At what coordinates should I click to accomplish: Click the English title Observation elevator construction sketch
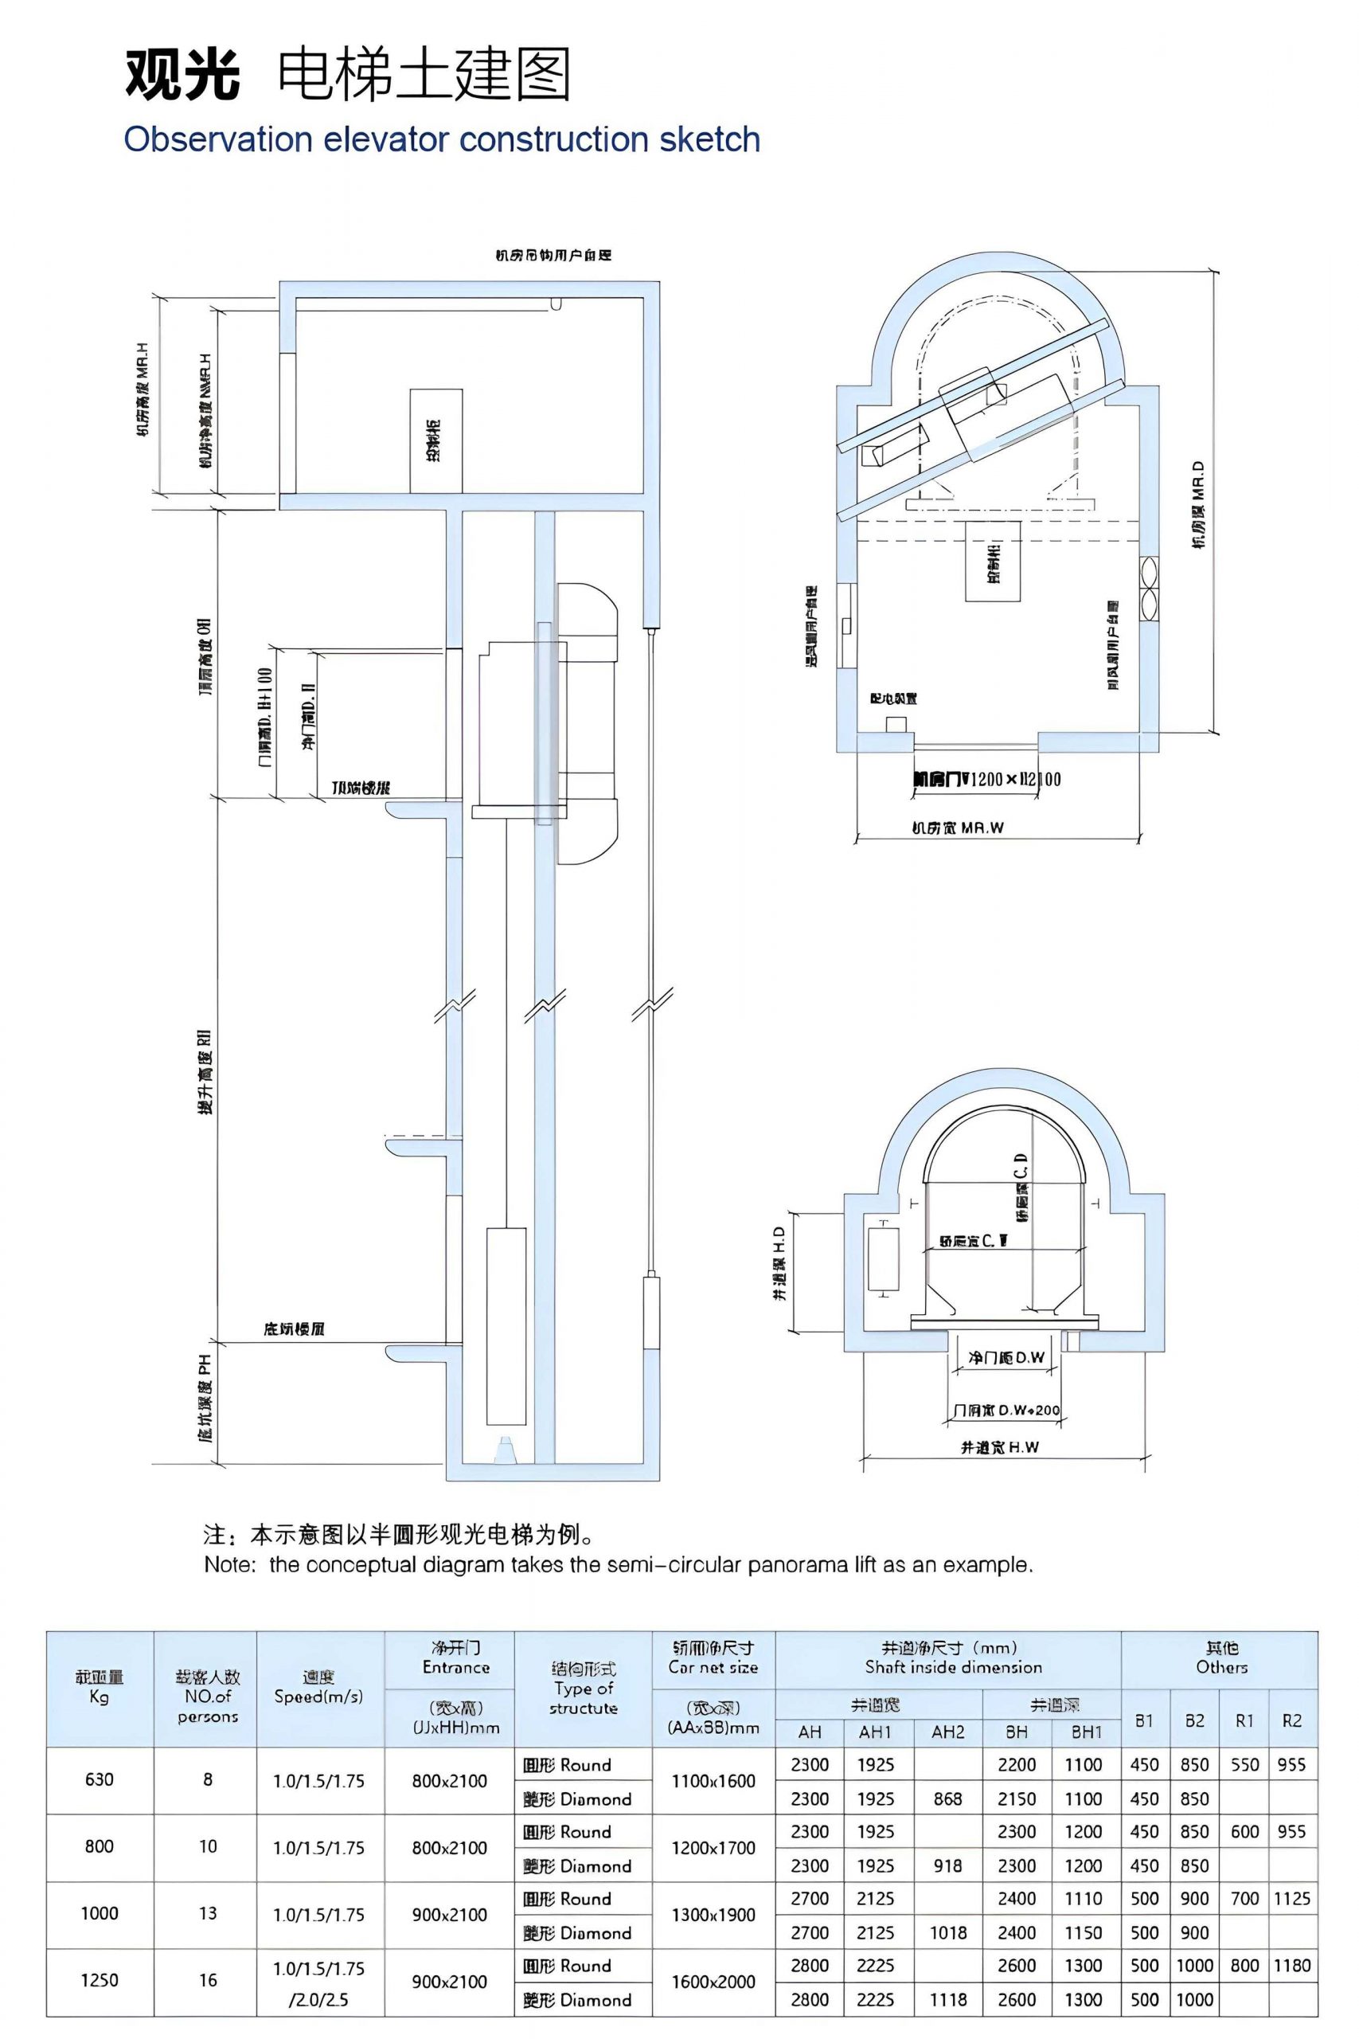tap(442, 139)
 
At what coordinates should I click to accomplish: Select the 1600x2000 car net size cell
tap(713, 1981)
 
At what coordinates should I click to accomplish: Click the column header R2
tap(1291, 1721)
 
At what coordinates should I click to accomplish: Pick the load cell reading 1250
tap(99, 1980)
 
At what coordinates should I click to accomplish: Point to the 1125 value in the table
tap(1291, 1899)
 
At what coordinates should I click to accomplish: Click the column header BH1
tap(1086, 1732)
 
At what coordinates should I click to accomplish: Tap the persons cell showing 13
tap(207, 1913)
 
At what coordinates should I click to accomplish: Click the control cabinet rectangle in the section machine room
tap(436, 440)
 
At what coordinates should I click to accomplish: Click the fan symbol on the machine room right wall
tap(1150, 589)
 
